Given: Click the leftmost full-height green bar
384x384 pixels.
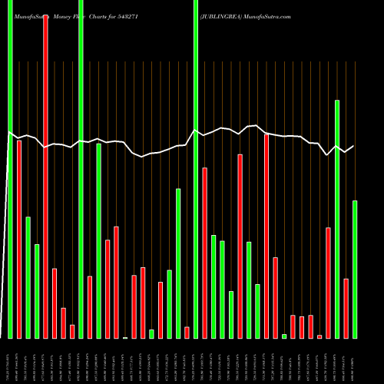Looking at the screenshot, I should pos(10,169).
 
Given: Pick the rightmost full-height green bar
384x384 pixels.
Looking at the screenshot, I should pos(196,169).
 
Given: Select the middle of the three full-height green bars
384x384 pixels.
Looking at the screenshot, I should pos(81,169).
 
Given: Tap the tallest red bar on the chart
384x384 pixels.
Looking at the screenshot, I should pos(45,177).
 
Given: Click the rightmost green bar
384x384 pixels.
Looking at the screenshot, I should pos(355,269).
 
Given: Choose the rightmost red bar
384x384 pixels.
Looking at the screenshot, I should pos(346,308).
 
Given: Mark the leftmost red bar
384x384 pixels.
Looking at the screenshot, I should pos(19,239).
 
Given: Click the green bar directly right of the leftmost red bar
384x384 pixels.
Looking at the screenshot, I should pos(28,277).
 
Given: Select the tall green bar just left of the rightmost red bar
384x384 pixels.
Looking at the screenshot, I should pos(337,219).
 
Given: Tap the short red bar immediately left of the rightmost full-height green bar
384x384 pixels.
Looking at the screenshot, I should pos(187,332).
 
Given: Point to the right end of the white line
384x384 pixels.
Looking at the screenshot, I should pos(354,146).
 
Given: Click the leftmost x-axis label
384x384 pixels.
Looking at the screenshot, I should pos(10,361).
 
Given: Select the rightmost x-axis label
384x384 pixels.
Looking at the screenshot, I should pos(355,361).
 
